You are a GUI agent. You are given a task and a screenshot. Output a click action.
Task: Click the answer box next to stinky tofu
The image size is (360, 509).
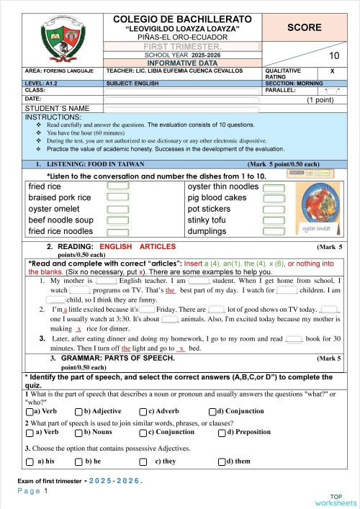(274, 220)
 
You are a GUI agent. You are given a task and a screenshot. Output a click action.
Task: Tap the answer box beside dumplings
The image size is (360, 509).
(274, 231)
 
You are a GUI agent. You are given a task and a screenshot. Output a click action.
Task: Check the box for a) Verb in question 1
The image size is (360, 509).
(30, 411)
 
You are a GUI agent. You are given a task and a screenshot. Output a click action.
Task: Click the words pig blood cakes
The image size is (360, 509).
(217, 197)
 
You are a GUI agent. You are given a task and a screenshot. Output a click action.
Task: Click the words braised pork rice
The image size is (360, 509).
(59, 197)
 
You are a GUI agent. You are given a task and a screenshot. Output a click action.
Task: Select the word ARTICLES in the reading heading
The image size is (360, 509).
(157, 246)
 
